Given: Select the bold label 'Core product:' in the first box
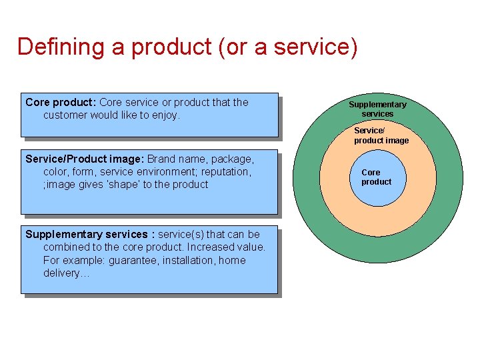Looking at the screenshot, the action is (61, 102).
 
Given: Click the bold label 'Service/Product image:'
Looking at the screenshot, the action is (85, 159).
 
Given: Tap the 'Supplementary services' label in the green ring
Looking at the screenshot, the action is (377, 109).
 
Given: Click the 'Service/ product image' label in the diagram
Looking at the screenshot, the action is (381, 135).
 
